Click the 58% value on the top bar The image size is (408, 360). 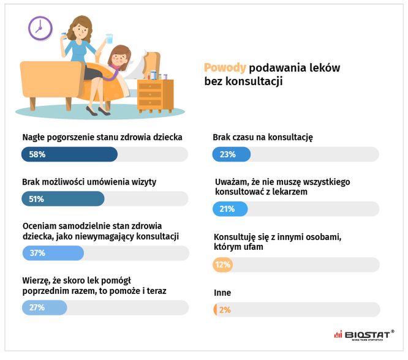[37, 155]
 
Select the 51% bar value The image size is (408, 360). [37, 200]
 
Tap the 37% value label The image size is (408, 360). [37, 253]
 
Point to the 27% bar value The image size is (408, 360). [37, 307]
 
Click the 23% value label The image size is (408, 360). [228, 155]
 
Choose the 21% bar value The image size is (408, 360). [227, 209]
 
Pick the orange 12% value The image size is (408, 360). [222, 265]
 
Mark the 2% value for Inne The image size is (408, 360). [224, 310]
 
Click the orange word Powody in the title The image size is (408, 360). [225, 67]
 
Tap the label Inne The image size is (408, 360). [222, 293]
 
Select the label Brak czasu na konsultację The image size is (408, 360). [262, 138]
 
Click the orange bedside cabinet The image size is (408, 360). [156, 94]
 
